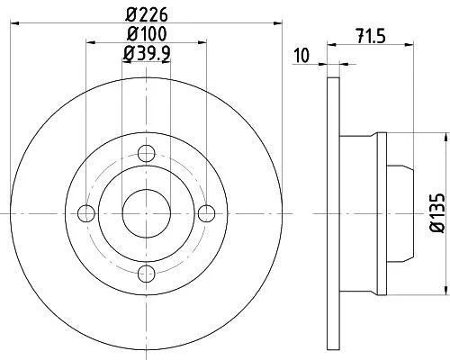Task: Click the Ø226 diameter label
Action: click(147, 14)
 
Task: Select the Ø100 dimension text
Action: click(147, 34)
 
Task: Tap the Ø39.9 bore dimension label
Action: click(147, 54)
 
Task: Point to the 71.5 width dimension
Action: click(371, 36)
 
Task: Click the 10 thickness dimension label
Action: click(301, 56)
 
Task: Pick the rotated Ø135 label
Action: click(436, 213)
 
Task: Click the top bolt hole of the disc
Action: click(147, 154)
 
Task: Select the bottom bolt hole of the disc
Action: click(147, 274)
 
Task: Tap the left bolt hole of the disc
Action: click(86, 213)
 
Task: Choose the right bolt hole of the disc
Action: click(207, 213)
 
